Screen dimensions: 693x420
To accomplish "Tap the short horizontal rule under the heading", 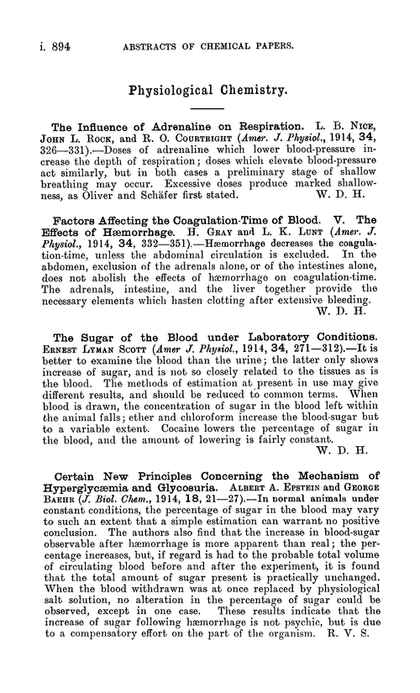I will click(210, 111).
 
